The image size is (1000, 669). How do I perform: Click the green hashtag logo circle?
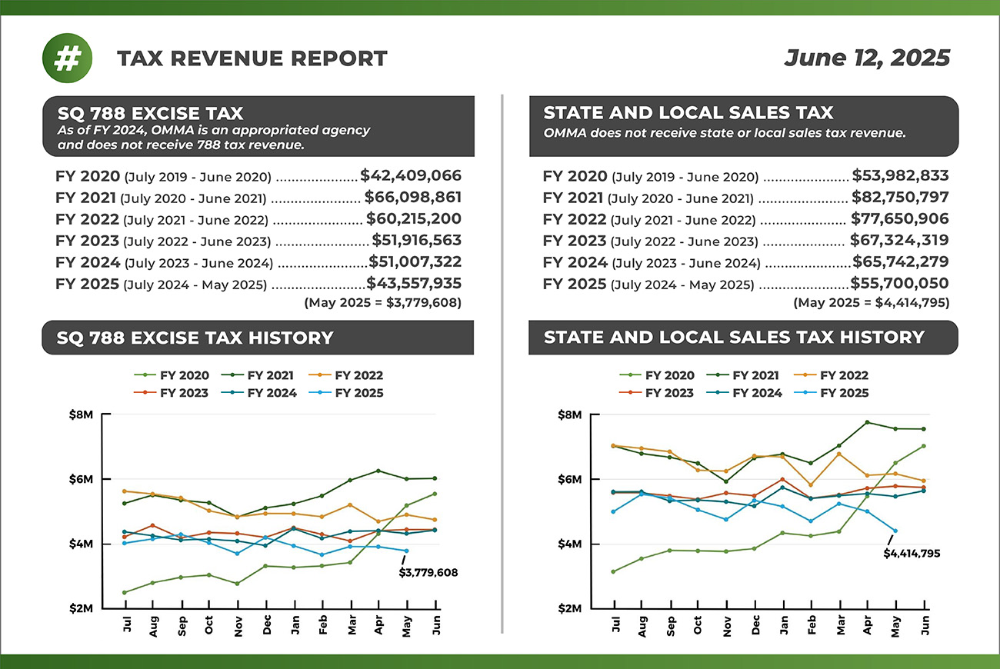(x=67, y=58)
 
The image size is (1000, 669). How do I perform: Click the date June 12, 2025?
(x=867, y=58)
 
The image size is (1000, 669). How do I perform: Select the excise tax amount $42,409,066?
(x=411, y=175)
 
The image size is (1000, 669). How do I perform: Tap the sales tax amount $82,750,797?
(x=899, y=197)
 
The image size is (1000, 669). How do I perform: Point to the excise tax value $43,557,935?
(x=414, y=283)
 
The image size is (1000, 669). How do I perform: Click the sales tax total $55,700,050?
(x=899, y=283)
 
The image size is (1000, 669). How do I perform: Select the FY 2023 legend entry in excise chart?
(x=176, y=393)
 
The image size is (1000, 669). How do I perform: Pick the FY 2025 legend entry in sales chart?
(x=835, y=393)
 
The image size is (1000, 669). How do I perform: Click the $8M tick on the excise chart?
(x=81, y=415)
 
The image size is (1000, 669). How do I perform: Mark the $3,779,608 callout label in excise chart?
(x=428, y=572)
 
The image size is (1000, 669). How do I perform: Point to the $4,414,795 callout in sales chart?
(x=912, y=553)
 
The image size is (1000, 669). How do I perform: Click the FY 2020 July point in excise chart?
(x=125, y=592)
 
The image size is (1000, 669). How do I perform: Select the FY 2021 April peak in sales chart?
(x=867, y=422)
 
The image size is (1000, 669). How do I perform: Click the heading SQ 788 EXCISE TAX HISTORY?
(x=195, y=338)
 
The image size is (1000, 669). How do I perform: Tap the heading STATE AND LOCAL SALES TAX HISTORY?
(x=733, y=338)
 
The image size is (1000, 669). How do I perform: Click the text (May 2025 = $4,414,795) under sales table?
(x=871, y=303)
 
